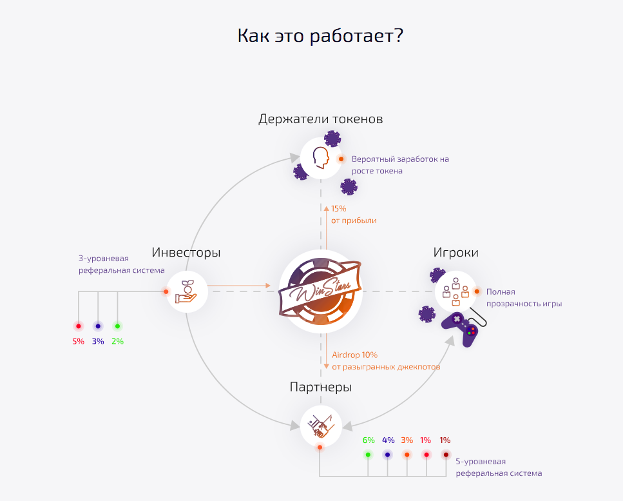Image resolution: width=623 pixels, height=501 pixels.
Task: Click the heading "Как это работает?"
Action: click(x=320, y=35)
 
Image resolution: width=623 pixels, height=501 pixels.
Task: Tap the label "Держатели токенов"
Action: click(x=321, y=119)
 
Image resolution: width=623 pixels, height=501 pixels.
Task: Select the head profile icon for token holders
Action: click(x=321, y=157)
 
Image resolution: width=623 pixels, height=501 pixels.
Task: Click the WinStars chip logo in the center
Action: click(x=320, y=291)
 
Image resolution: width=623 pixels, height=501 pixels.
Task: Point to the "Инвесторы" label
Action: click(x=186, y=253)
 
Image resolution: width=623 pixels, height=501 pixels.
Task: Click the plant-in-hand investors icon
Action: click(x=186, y=291)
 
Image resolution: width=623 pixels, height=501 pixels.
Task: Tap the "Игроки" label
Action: click(x=455, y=253)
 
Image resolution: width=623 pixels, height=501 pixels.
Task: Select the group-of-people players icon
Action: click(x=455, y=291)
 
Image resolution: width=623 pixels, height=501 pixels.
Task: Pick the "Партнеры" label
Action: click(x=321, y=387)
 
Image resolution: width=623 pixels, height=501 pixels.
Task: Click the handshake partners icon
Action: click(x=321, y=426)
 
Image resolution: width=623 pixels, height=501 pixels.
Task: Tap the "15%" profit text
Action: click(x=338, y=209)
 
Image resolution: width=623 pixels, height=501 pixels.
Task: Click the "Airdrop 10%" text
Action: click(x=355, y=355)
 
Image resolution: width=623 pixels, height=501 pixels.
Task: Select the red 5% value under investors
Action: click(x=78, y=341)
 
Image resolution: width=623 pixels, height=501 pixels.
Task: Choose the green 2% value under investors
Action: click(x=118, y=341)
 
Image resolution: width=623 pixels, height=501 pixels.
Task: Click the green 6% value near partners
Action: click(x=369, y=440)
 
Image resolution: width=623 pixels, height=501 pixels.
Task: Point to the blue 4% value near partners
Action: click(x=388, y=440)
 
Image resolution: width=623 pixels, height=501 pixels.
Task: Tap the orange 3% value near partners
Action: click(x=407, y=440)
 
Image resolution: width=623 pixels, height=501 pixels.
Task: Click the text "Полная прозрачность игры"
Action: click(x=524, y=298)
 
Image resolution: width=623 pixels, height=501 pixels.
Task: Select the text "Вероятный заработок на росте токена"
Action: click(x=400, y=165)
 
